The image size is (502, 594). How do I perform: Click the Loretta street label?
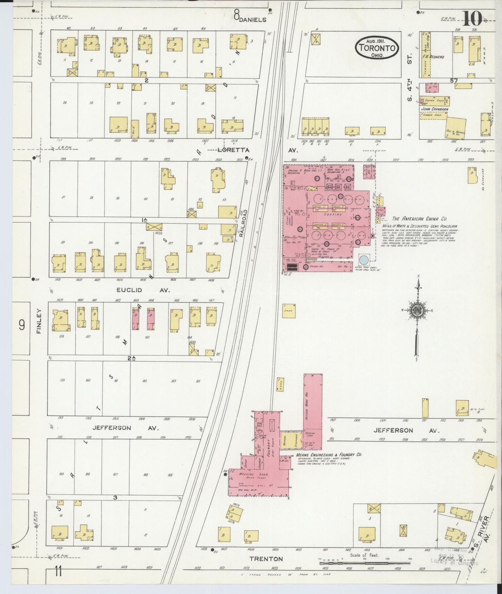[x=229, y=150]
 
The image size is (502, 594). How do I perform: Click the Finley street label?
[x=39, y=321]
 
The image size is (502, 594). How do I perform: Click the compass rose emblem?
[x=416, y=311]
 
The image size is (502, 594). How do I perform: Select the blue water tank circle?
[x=363, y=259]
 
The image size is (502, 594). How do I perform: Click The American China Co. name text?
[x=419, y=219]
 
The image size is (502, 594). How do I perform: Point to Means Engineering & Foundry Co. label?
[x=329, y=455]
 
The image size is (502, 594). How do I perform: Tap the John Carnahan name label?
[x=435, y=109]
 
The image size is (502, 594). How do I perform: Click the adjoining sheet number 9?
[x=22, y=325]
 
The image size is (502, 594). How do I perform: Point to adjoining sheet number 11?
[x=58, y=571]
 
